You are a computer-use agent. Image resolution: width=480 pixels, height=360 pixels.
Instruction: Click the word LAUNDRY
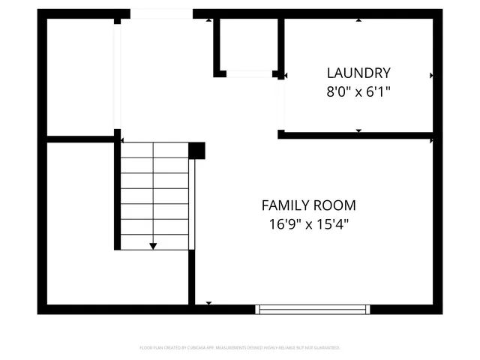click(358, 73)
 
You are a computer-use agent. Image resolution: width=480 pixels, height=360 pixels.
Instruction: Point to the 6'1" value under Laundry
click(377, 92)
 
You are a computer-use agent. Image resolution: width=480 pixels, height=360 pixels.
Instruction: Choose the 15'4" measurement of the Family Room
click(334, 223)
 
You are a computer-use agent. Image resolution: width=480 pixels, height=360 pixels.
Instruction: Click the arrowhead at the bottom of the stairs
click(153, 245)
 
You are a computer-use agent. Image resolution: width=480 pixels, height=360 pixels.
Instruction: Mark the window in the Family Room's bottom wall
click(313, 309)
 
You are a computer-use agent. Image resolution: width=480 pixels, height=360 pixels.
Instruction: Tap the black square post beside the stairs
click(196, 151)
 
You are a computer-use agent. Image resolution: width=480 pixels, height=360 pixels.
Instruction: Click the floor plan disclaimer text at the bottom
click(240, 348)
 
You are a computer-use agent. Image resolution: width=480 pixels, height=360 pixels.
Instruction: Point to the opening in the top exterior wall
click(161, 13)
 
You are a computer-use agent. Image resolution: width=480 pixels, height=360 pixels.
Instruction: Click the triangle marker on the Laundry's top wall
click(358, 20)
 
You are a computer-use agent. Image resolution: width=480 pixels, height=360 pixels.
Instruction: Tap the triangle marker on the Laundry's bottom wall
click(358, 131)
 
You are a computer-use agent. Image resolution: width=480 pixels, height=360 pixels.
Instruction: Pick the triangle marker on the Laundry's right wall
click(431, 75)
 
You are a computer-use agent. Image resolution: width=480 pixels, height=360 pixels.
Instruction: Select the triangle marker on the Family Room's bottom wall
click(208, 303)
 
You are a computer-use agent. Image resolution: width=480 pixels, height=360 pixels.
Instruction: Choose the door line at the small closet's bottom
click(249, 73)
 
